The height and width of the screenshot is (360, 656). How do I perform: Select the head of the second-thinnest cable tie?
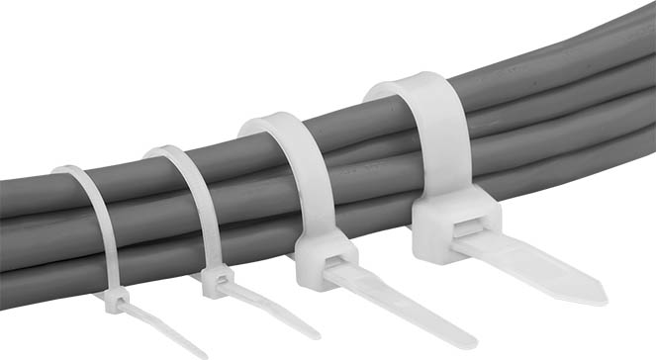(x=218, y=281)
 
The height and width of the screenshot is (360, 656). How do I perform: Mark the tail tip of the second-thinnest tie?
(x=315, y=333)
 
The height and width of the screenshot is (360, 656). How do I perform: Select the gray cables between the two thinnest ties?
(x=139, y=223)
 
